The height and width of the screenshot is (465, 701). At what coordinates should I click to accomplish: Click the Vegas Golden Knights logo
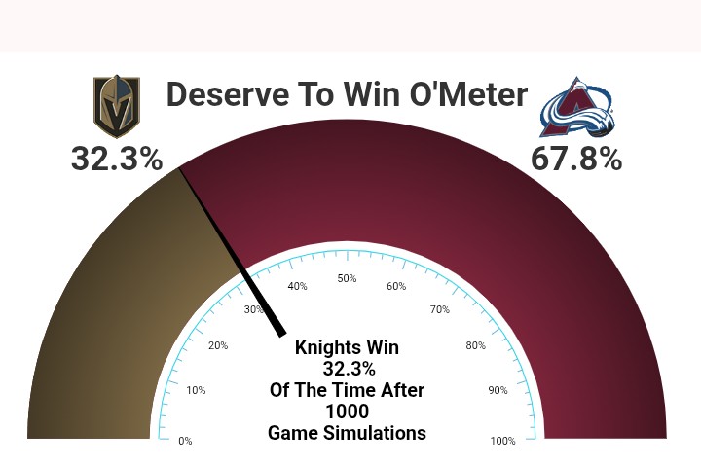pyautogui.click(x=117, y=106)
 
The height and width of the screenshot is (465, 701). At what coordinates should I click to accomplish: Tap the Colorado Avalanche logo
pyautogui.click(x=576, y=107)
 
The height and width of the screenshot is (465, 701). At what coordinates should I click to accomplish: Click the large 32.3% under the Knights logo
pyautogui.click(x=117, y=159)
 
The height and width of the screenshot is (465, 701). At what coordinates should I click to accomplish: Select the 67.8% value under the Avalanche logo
pyautogui.click(x=576, y=159)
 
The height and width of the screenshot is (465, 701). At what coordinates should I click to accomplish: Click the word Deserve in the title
pyautogui.click(x=228, y=94)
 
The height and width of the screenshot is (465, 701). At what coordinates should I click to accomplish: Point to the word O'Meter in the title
pyautogui.click(x=468, y=93)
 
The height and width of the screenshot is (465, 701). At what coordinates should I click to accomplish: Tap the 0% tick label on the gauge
pyautogui.click(x=185, y=441)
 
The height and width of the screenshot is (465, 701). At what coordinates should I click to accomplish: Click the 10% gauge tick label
pyautogui.click(x=196, y=390)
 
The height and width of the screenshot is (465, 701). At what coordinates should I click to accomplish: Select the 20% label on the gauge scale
pyautogui.click(x=218, y=345)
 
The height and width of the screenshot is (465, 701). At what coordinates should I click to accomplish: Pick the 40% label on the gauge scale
pyautogui.click(x=297, y=286)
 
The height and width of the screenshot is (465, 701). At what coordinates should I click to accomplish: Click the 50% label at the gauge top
pyautogui.click(x=347, y=278)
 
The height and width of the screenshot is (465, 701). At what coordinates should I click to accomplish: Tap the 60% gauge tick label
pyautogui.click(x=396, y=286)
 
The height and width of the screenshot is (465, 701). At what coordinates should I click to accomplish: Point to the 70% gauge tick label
pyautogui.click(x=440, y=309)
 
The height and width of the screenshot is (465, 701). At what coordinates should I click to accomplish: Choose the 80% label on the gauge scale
pyautogui.click(x=476, y=345)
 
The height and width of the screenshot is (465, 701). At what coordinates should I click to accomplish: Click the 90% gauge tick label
pyautogui.click(x=498, y=390)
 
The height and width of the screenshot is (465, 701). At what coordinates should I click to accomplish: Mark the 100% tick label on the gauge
pyautogui.click(x=503, y=441)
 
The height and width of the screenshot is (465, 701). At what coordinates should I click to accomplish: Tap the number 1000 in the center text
pyautogui.click(x=347, y=411)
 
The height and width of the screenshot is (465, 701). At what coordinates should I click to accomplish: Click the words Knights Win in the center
pyautogui.click(x=347, y=347)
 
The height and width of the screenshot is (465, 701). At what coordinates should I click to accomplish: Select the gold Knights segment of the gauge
pyautogui.click(x=112, y=312)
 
